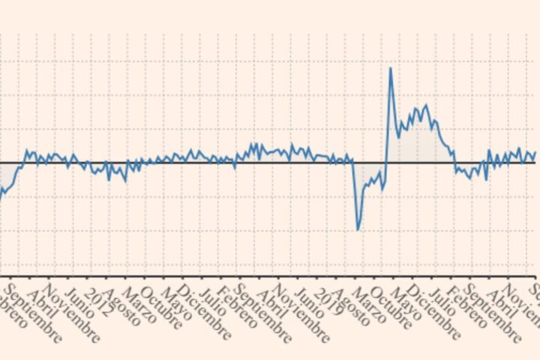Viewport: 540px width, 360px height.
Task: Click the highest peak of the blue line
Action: [x=390, y=69]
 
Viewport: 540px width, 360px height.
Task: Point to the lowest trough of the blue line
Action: [x=358, y=229]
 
